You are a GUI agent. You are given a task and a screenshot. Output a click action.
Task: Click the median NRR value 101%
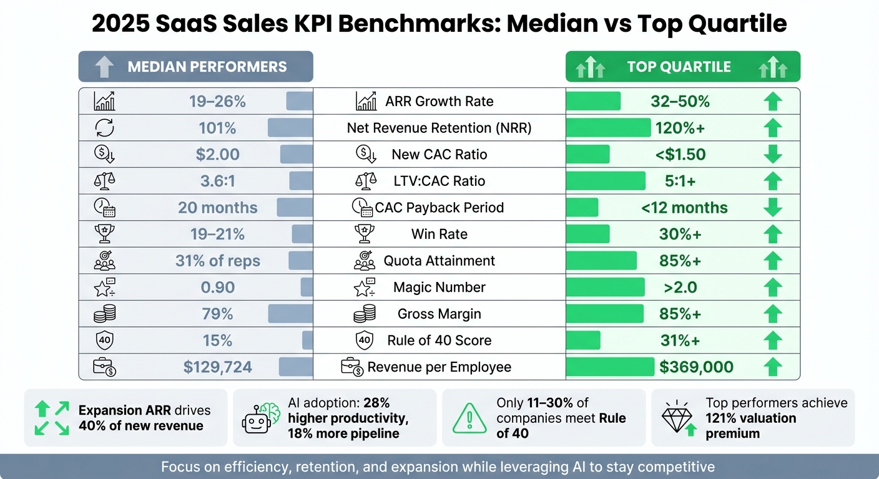pyautogui.click(x=217, y=128)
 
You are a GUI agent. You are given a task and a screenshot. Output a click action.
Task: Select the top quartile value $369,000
pyautogui.click(x=696, y=367)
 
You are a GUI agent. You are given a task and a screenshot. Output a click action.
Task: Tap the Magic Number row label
pyautogui.click(x=439, y=288)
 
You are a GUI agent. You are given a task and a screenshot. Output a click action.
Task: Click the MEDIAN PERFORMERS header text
pyautogui.click(x=207, y=67)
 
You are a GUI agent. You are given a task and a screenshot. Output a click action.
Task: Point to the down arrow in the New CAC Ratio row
pyautogui.click(x=773, y=154)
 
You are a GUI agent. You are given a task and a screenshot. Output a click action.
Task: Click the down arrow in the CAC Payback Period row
pyautogui.click(x=773, y=208)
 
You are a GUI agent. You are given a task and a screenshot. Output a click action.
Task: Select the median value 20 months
pyautogui.click(x=217, y=208)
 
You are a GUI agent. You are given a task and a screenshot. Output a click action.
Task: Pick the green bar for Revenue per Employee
pyautogui.click(x=609, y=367)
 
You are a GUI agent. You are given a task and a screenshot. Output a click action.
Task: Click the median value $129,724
pyautogui.click(x=217, y=367)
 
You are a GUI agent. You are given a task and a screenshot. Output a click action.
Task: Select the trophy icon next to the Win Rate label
pyautogui.click(x=365, y=235)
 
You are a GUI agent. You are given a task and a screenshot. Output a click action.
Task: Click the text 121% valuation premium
pyautogui.click(x=750, y=425)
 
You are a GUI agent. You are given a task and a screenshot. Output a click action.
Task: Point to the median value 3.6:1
pyautogui.click(x=217, y=181)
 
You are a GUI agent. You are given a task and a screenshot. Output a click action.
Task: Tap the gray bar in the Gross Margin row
pyautogui.click(x=290, y=314)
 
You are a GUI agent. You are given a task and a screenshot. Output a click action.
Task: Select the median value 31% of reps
pyautogui.click(x=217, y=261)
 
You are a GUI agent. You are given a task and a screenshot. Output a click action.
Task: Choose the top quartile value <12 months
pyautogui.click(x=684, y=208)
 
